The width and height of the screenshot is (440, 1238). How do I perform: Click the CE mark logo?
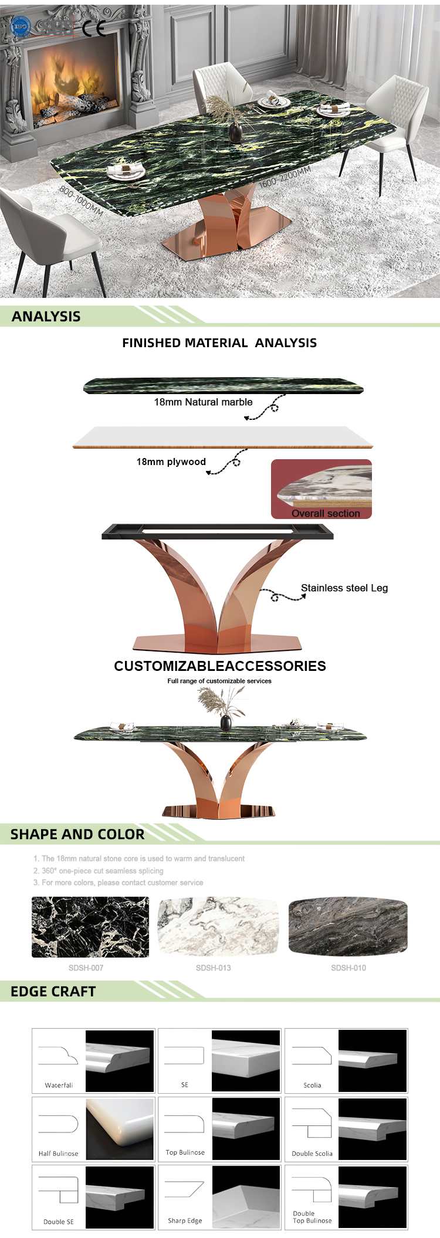point(94,28)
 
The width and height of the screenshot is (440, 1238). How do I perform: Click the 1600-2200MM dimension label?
point(285,177)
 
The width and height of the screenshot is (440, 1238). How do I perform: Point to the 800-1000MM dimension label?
point(81,201)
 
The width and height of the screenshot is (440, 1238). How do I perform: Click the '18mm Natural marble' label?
point(203,402)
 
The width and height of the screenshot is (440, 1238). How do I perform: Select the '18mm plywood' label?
point(171,462)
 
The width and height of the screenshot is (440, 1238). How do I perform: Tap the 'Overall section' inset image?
point(321,489)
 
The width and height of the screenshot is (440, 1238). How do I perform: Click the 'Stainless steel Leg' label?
point(344,588)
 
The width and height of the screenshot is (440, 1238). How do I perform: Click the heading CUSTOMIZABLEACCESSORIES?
point(220,666)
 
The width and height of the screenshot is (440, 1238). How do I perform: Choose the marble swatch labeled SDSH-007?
point(90,927)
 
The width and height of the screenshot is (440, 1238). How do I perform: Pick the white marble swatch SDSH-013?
point(218,927)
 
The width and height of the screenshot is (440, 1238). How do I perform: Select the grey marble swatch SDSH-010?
point(348,927)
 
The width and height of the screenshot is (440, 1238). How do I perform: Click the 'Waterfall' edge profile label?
point(59,1086)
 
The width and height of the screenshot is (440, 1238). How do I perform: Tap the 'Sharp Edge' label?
point(185,1220)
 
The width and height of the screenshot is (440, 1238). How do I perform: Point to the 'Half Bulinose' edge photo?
point(120,1130)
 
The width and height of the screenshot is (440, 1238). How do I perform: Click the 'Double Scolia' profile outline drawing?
point(312,1123)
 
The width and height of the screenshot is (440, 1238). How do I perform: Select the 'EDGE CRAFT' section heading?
point(53,992)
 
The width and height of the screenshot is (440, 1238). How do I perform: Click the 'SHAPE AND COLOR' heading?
point(77,835)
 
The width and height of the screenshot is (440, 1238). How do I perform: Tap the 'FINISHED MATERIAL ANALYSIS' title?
point(219,343)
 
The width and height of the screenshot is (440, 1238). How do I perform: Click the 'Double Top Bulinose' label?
point(312,1217)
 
